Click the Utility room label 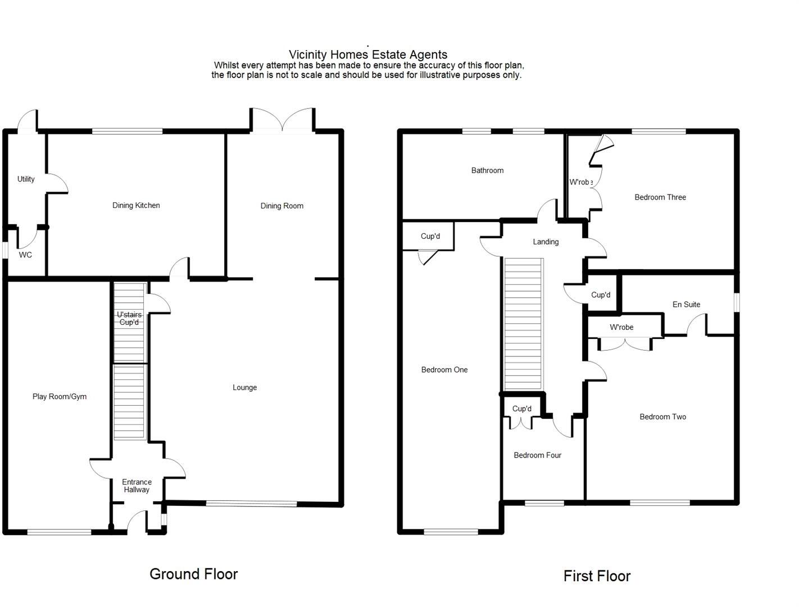(x=26, y=179)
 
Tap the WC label (x=25, y=255)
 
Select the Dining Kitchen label (x=136, y=206)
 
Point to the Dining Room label (x=282, y=206)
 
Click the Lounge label (x=244, y=388)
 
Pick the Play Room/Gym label (x=60, y=397)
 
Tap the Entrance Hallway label (x=137, y=486)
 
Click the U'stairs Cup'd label (x=129, y=319)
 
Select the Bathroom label (x=487, y=171)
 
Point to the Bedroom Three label (x=660, y=197)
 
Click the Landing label (x=546, y=242)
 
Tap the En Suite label (x=686, y=305)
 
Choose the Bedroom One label (x=444, y=370)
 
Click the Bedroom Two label (x=662, y=417)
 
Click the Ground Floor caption (x=194, y=574)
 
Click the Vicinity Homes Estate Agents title (x=368, y=55)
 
